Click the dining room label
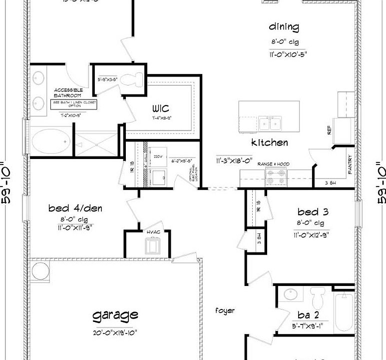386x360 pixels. [x=284, y=27]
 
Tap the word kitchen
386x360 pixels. [x=269, y=143]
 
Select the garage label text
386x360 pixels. [x=115, y=315]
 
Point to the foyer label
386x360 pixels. [x=225, y=310]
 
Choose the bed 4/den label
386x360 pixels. [x=75, y=207]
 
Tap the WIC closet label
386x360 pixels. [x=161, y=108]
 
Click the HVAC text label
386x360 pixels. [x=153, y=232]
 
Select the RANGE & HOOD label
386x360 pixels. [x=273, y=164]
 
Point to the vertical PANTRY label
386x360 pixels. [x=350, y=165]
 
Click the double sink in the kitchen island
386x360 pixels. [x=270, y=122]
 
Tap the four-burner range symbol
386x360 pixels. [x=276, y=177]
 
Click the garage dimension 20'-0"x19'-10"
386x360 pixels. [x=115, y=332]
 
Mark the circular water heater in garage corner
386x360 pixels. [x=39, y=270]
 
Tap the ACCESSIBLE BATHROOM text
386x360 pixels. [x=67, y=92]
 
